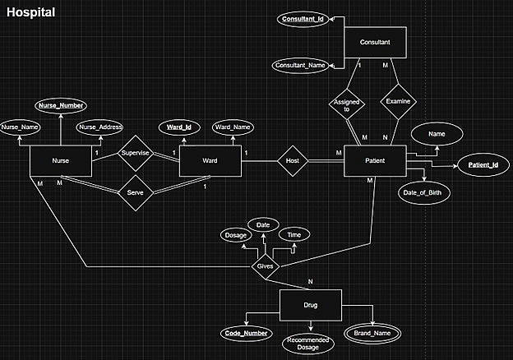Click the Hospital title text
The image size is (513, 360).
tap(30, 12)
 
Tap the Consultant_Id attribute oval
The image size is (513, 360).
tap(303, 18)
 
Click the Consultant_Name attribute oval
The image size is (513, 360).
tap(302, 64)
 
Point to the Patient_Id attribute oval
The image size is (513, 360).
tap(483, 166)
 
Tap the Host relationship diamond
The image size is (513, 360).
tap(291, 160)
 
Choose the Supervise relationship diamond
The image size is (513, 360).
tap(135, 153)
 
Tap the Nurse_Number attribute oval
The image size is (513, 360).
tap(61, 106)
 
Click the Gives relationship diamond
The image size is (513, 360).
tap(266, 267)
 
